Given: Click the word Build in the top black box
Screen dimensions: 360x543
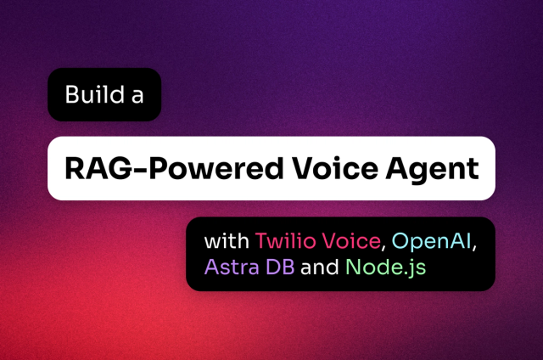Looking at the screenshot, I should [x=91, y=94].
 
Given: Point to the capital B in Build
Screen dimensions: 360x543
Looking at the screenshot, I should [x=71, y=94].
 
